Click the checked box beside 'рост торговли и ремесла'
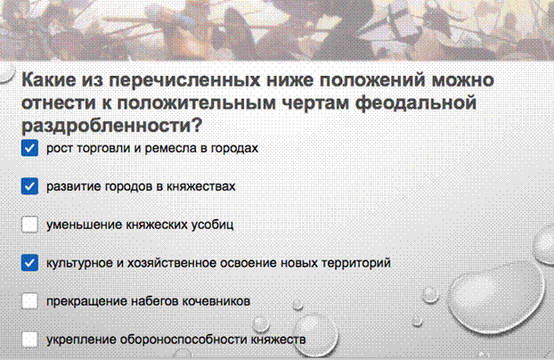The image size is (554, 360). pos(29,148)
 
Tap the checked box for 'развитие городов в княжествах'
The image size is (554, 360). pos(29,186)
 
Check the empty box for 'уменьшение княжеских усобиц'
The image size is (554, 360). pos(29,225)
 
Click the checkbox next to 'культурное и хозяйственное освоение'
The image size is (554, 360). pos(29,263)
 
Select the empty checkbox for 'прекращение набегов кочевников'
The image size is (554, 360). pos(29,301)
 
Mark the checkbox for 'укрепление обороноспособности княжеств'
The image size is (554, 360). pos(29,340)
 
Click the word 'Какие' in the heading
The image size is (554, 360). pos(49,79)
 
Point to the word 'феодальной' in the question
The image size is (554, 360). pos(415,102)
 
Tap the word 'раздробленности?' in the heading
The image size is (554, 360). pos(111,126)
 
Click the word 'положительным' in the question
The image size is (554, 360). pos(197,102)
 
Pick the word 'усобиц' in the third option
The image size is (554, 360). pos(212,225)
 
